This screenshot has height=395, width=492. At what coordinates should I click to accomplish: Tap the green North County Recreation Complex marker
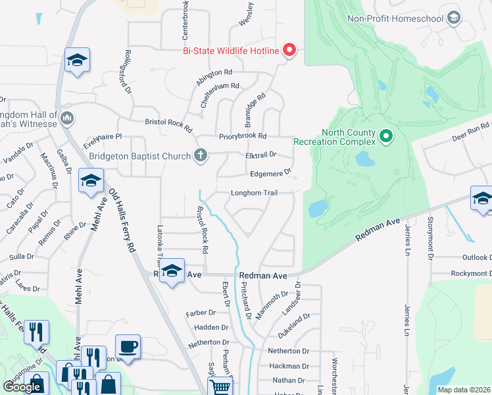coord(386,137)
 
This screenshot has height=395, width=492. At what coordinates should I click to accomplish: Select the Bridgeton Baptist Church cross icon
coord(201,156)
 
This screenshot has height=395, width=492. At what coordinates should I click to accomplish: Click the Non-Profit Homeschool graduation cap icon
coord(453,18)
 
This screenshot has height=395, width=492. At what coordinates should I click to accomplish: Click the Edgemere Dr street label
coord(270,174)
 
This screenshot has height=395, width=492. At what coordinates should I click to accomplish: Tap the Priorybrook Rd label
coord(243,136)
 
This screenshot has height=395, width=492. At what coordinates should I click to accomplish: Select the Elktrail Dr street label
coord(259,155)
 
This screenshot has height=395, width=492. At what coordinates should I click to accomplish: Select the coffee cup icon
coord(127,346)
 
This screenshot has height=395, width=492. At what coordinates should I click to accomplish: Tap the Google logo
coord(22,387)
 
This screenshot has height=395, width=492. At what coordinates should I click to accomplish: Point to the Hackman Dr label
coord(288,366)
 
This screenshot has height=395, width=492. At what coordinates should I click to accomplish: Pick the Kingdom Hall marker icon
coord(66,119)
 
